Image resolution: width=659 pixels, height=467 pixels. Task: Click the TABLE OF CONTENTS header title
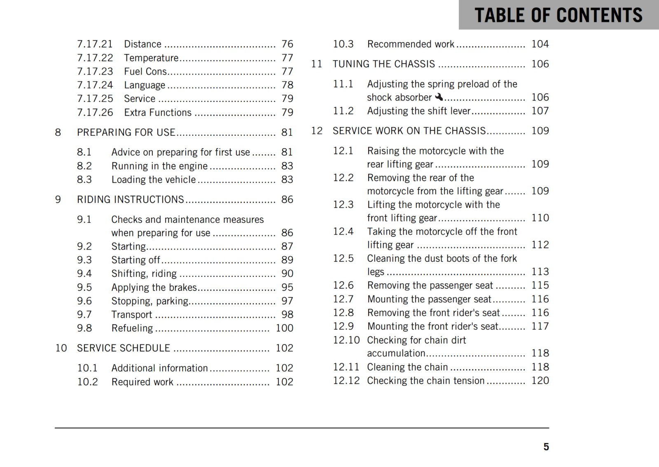(558, 15)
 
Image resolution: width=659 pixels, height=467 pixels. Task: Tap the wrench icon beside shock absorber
(439, 97)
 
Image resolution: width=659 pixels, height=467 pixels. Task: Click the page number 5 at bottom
(546, 447)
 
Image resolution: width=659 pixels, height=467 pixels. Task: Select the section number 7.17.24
(95, 85)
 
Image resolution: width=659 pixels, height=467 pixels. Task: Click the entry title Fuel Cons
(145, 71)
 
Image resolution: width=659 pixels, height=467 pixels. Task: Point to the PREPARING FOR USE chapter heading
(126, 132)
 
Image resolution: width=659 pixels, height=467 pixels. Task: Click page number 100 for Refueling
(284, 328)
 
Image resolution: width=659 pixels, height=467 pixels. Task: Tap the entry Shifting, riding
(144, 274)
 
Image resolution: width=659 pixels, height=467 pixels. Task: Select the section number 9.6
(84, 301)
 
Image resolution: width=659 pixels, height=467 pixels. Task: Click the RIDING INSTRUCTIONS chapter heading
(130, 200)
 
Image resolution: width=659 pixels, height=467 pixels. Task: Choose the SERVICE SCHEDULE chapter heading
(123, 348)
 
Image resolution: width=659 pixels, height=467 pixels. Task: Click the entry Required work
(142, 382)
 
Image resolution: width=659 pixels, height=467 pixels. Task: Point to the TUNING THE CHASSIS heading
(383, 64)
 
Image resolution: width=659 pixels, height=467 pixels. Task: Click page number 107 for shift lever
(540, 111)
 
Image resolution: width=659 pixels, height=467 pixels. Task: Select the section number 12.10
(346, 340)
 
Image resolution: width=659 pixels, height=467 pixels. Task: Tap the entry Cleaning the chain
(407, 367)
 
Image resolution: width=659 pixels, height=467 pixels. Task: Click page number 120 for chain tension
(540, 380)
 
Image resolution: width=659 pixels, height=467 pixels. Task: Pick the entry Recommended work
(411, 44)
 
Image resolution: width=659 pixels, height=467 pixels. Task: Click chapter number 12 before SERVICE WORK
(317, 131)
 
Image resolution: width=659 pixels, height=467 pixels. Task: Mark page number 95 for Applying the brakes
(287, 287)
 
